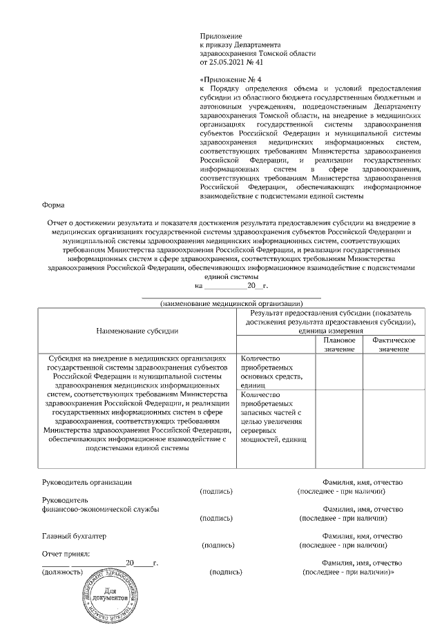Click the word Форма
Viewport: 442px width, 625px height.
tap(53, 205)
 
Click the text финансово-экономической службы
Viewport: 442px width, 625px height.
tap(101, 509)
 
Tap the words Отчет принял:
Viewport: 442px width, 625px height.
tap(66, 554)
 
